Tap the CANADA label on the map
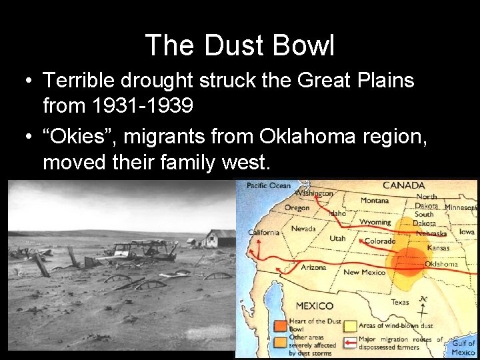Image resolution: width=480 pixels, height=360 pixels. (x=403, y=185)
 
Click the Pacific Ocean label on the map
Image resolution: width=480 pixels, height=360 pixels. (x=269, y=185)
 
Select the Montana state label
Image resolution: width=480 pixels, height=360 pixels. (x=375, y=200)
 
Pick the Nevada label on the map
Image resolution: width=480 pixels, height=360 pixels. (x=303, y=229)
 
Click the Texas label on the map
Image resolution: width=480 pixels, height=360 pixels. (x=400, y=302)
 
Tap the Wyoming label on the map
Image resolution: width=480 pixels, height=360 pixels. (x=375, y=222)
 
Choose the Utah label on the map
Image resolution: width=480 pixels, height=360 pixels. (x=337, y=238)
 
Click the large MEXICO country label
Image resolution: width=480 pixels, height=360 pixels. (x=314, y=306)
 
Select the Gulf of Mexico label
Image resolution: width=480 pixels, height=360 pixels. (x=463, y=347)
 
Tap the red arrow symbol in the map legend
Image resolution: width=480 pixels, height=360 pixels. (x=349, y=343)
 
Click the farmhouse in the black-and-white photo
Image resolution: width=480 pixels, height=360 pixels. (x=220, y=238)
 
